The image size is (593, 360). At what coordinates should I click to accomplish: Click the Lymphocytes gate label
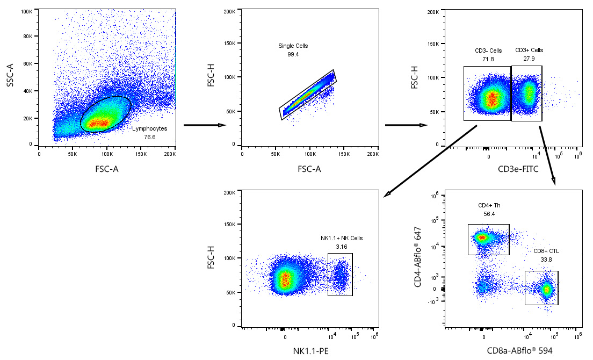[149, 129]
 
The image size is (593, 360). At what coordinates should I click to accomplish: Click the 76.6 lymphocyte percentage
[150, 137]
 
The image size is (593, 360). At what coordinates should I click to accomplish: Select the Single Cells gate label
[293, 46]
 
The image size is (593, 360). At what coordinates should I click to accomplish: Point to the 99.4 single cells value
[293, 54]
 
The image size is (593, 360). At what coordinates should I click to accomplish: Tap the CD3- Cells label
[488, 51]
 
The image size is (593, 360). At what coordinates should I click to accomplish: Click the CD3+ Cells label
[529, 51]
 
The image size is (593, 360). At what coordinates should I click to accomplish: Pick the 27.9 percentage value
[529, 59]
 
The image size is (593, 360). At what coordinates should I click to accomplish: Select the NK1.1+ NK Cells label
[342, 238]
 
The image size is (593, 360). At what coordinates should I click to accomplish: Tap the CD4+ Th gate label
[489, 205]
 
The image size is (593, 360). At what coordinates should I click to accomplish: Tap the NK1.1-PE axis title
[310, 351]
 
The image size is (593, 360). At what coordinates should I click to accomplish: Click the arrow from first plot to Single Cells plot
[204, 125]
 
